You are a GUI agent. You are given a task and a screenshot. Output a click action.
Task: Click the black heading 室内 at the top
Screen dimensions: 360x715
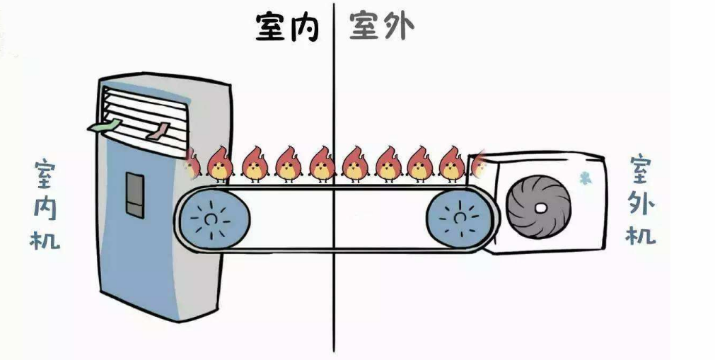pyautogui.click(x=287, y=27)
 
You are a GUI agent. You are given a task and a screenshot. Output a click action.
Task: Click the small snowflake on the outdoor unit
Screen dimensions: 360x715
pyautogui.click(x=585, y=178)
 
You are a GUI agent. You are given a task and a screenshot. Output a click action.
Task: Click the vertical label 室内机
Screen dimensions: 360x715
pyautogui.click(x=44, y=205)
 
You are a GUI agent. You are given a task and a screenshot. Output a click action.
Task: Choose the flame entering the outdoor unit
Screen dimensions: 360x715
pyautogui.click(x=479, y=163)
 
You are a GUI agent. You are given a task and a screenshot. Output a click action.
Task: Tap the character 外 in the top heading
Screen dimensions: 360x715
pyautogui.click(x=397, y=27)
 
